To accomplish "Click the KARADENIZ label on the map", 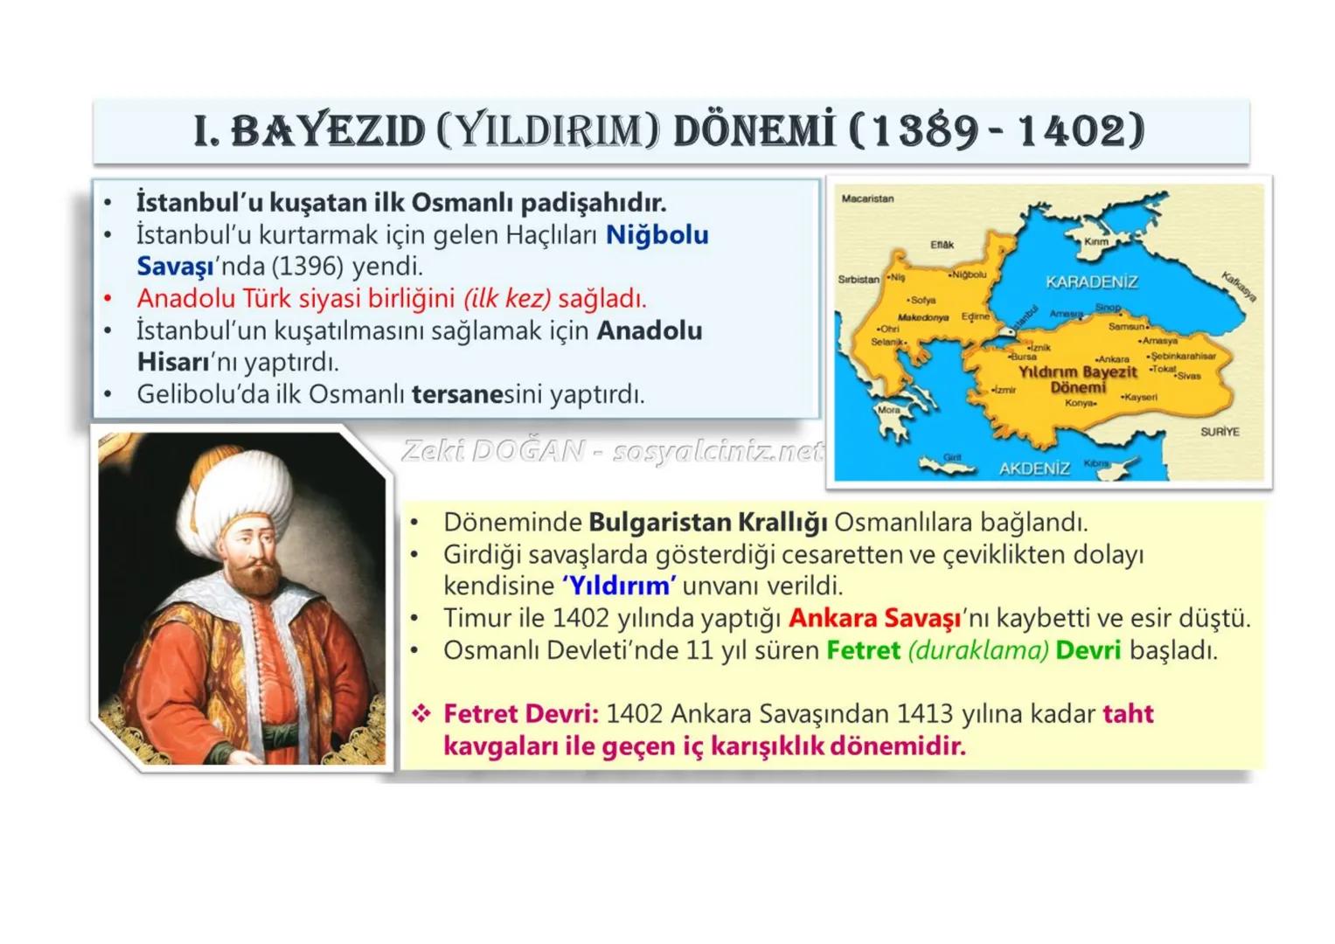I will [x=1091, y=281].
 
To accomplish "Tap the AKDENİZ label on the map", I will [x=1034, y=469].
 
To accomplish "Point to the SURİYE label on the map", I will [x=1219, y=432].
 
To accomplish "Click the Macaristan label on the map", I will [x=867, y=198].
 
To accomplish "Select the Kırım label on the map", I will [x=1095, y=241].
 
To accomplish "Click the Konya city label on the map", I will [x=1081, y=403].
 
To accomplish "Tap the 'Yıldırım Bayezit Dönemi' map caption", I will [x=1078, y=379].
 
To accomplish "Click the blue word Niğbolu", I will [x=657, y=235].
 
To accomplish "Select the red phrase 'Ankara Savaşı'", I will [x=874, y=618].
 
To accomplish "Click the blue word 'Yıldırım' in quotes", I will [x=619, y=586].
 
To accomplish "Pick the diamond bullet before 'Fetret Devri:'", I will [x=421, y=714].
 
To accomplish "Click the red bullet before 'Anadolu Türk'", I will [x=108, y=299].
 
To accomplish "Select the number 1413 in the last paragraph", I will [x=924, y=714].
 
